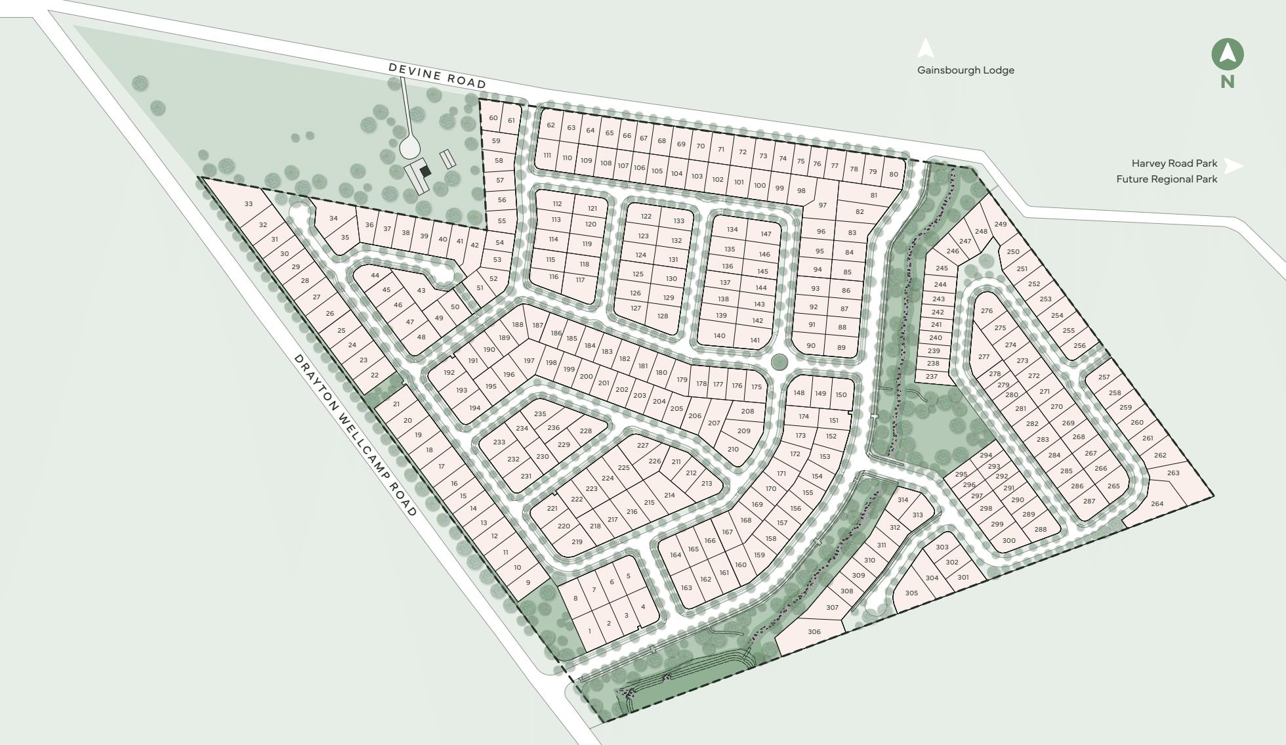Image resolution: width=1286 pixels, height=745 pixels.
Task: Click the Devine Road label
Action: click(x=437, y=75)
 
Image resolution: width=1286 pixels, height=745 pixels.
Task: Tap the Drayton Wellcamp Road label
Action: click(x=355, y=435)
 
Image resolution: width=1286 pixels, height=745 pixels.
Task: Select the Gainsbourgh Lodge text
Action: click(x=965, y=70)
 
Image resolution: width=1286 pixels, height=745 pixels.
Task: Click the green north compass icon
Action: click(x=1227, y=55)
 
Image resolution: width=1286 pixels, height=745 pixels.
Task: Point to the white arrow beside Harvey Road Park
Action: click(x=1234, y=166)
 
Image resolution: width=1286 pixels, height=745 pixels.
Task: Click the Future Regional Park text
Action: click(x=1167, y=179)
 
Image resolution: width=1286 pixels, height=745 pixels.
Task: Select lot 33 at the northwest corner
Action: click(x=248, y=204)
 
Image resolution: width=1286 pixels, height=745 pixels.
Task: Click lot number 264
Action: click(x=1157, y=504)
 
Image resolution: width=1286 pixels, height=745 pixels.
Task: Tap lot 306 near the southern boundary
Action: click(x=814, y=632)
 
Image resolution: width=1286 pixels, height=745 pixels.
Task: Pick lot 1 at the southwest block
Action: click(x=589, y=631)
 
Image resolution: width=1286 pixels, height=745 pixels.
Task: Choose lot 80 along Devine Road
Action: click(x=893, y=175)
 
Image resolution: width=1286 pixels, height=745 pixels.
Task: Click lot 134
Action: click(x=732, y=230)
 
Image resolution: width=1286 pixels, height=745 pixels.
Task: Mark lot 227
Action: click(x=642, y=446)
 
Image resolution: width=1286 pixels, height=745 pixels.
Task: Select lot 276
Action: click(x=987, y=311)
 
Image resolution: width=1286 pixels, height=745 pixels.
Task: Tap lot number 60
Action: click(x=493, y=119)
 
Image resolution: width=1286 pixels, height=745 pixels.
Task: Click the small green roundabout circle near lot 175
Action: click(x=779, y=361)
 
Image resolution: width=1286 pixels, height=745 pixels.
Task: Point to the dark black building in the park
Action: click(x=425, y=171)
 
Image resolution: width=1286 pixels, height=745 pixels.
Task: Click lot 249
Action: click(x=1000, y=224)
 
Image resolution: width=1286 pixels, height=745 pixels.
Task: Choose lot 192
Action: click(x=449, y=373)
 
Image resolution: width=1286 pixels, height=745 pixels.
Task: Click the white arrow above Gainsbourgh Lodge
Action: click(x=925, y=48)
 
